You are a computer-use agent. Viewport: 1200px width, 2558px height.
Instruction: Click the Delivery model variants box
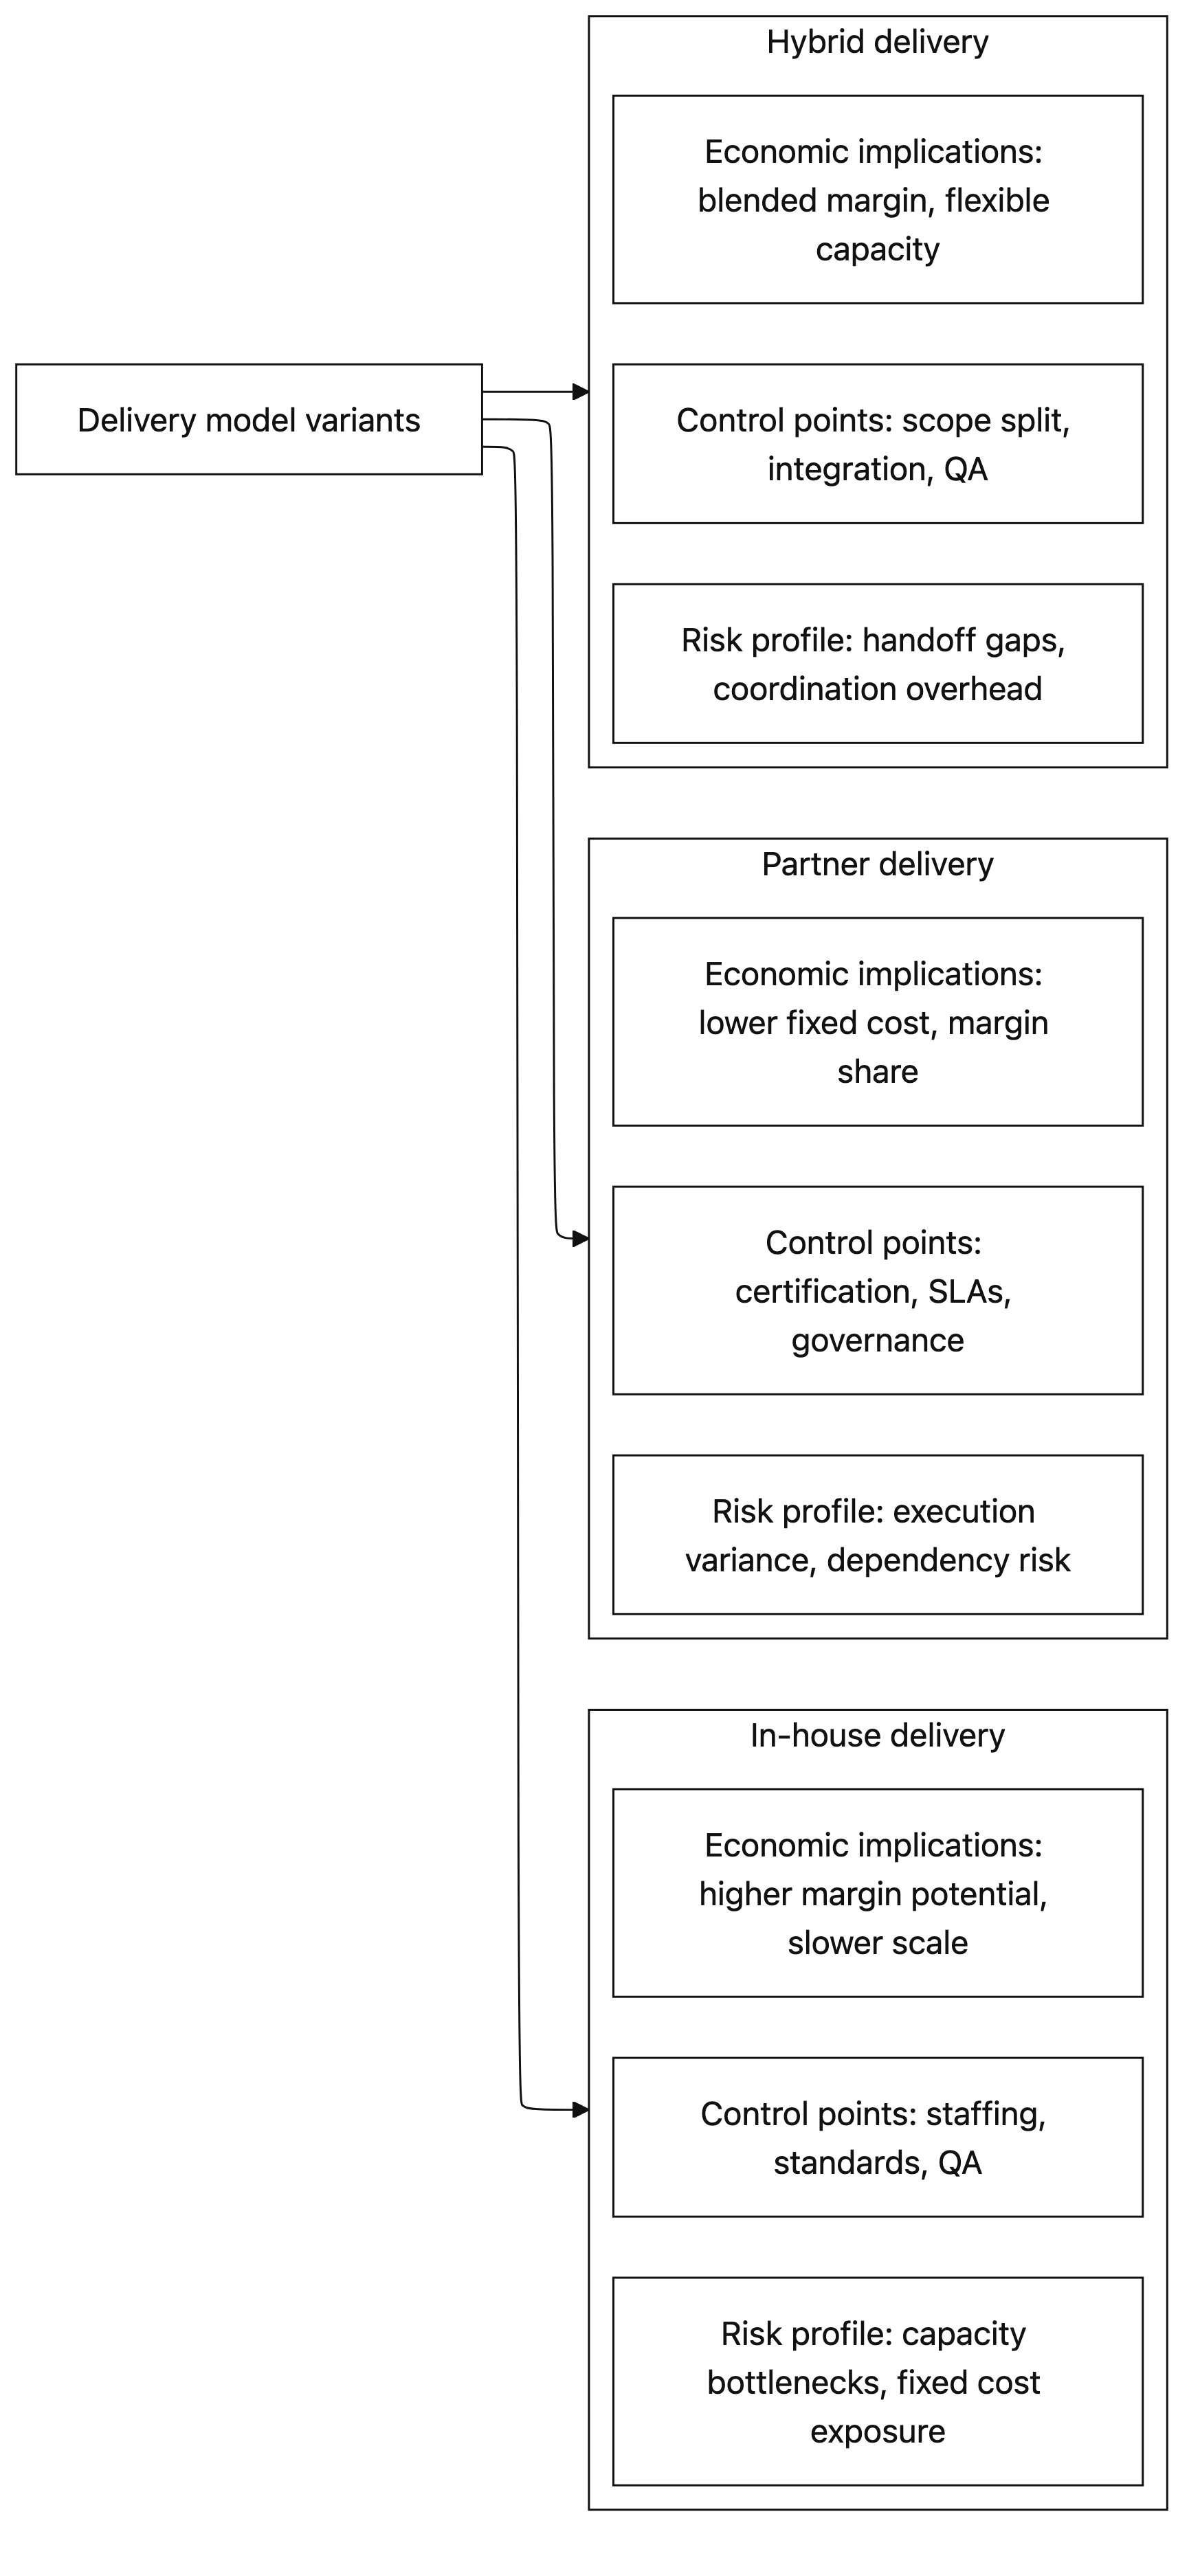click(248, 419)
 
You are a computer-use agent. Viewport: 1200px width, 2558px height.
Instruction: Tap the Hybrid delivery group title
click(877, 43)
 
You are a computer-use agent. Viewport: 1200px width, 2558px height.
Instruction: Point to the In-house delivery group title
click(877, 1736)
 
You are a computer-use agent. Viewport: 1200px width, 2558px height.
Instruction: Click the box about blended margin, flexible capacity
click(877, 199)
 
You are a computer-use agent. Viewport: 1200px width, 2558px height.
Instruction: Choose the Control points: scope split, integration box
click(877, 444)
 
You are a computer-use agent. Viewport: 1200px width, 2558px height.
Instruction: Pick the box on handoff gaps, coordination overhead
click(877, 663)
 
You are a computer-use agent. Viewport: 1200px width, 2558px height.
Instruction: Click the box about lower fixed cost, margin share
click(877, 1022)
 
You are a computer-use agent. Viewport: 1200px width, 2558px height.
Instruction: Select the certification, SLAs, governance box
click(877, 1291)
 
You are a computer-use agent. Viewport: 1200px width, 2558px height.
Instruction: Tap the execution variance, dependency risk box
click(877, 1535)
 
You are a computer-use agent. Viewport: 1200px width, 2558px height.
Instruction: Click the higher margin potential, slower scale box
click(877, 1893)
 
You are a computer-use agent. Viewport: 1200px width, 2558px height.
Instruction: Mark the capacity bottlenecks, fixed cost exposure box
click(877, 2381)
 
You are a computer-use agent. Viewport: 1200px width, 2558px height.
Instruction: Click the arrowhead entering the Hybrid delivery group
click(581, 392)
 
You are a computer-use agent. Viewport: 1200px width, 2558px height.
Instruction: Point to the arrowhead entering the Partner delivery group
click(581, 1239)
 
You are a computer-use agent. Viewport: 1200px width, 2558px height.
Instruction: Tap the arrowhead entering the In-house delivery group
click(581, 2109)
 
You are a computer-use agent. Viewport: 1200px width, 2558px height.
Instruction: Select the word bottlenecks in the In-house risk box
click(792, 2382)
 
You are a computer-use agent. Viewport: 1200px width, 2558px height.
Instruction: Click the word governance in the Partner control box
click(877, 1340)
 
